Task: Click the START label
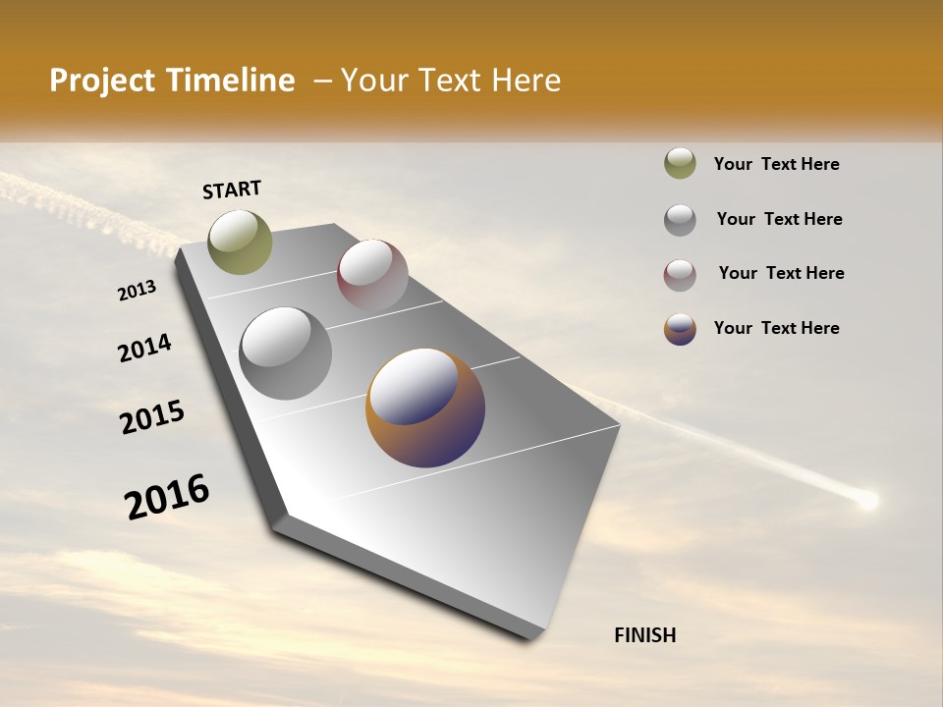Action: pyautogui.click(x=232, y=190)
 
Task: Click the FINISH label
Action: pyautogui.click(x=644, y=635)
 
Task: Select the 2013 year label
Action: pyautogui.click(x=138, y=291)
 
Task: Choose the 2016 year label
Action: pyautogui.click(x=167, y=497)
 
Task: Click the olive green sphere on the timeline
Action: pyautogui.click(x=240, y=242)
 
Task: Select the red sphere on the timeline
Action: pyautogui.click(x=372, y=275)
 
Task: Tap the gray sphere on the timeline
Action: pyautogui.click(x=285, y=353)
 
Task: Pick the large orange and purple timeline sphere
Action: pyautogui.click(x=425, y=407)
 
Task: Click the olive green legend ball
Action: pyautogui.click(x=680, y=164)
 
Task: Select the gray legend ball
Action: pyautogui.click(x=680, y=220)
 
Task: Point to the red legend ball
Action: pyautogui.click(x=680, y=274)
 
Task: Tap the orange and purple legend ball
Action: pyautogui.click(x=680, y=329)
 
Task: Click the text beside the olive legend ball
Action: pyautogui.click(x=776, y=164)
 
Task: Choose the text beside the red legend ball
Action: pyautogui.click(x=781, y=273)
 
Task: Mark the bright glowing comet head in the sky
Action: pyautogui.click(x=866, y=501)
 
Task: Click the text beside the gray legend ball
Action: pyautogui.click(x=779, y=219)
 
